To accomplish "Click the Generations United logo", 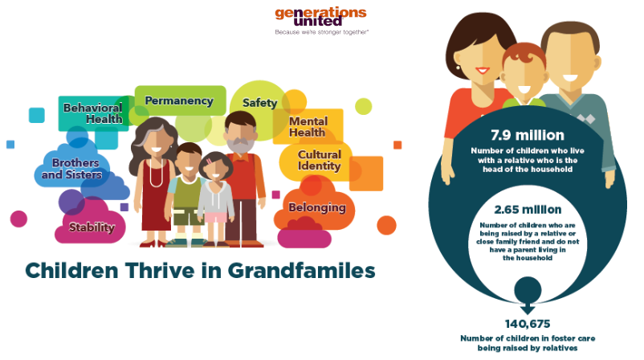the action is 320,21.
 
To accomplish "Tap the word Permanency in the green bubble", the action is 179,100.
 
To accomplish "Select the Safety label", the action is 259,103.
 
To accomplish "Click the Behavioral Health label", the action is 93,113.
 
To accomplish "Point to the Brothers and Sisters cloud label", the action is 72,169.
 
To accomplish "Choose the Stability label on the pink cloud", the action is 92,227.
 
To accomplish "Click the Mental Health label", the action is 308,127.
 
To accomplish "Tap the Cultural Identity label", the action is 319,160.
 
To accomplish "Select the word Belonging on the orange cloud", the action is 317,207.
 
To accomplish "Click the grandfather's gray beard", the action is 241,145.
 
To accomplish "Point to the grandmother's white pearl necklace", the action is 156,173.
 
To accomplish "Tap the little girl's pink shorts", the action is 216,217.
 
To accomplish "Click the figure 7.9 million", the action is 528,135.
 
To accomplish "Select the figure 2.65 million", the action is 528,210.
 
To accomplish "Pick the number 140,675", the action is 528,324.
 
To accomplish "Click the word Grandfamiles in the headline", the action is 301,271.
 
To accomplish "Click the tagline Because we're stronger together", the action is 321,32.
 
